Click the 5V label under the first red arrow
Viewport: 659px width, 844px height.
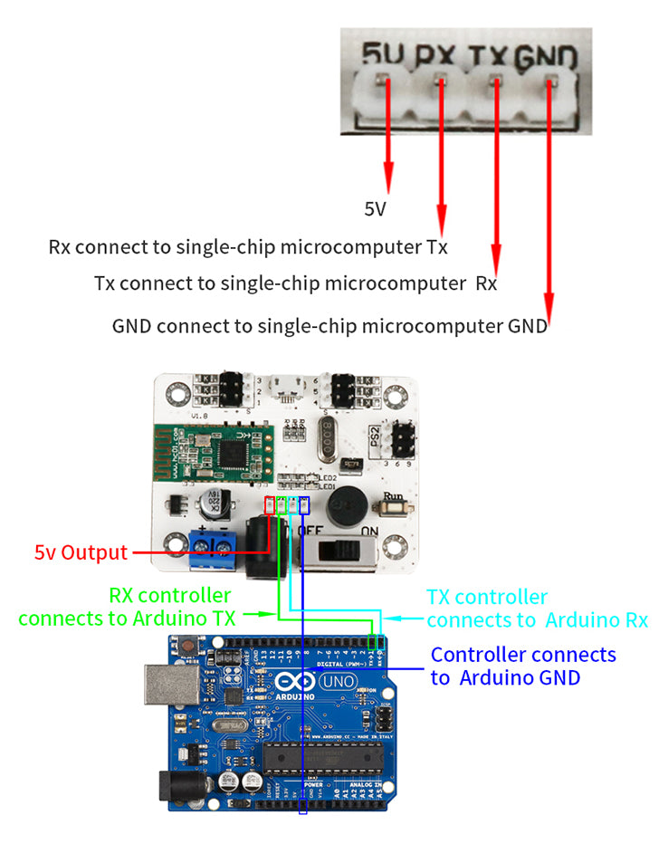(x=376, y=210)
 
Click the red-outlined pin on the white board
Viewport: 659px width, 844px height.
(x=269, y=504)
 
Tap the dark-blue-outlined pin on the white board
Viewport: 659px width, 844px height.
(x=304, y=504)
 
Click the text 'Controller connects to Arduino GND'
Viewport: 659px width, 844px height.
(x=522, y=666)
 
